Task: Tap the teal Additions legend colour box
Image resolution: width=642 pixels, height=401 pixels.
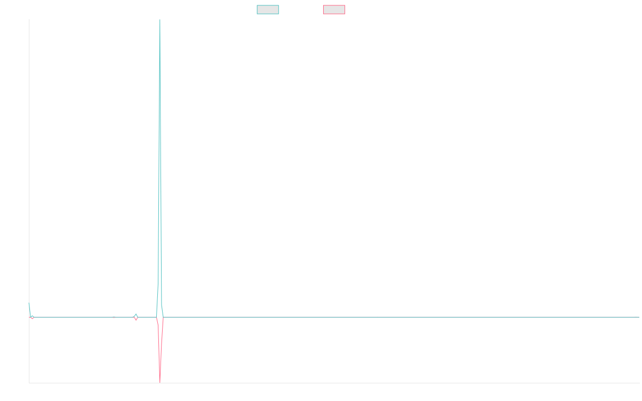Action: click(268, 10)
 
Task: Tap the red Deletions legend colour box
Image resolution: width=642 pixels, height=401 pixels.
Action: click(334, 10)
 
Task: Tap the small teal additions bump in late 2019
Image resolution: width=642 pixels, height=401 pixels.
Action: click(136, 314)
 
